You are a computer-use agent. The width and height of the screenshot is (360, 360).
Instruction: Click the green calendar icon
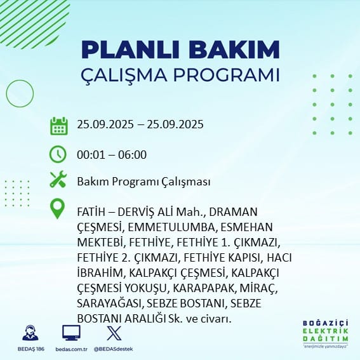coord(59,126)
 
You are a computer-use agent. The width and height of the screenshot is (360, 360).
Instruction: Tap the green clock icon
coord(58,154)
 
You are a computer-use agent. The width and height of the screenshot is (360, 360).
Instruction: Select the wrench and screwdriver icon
coord(58,179)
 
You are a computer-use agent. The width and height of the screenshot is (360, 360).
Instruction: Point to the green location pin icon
coord(57,208)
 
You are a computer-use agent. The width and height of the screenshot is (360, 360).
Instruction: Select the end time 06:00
coord(132,155)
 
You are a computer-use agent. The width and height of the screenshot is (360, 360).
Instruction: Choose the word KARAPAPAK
coord(204,288)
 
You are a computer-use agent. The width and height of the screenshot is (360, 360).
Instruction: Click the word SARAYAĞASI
coord(110,303)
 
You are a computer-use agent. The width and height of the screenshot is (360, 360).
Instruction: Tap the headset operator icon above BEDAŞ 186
coord(30,333)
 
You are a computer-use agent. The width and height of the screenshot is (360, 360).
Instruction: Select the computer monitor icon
coord(71,333)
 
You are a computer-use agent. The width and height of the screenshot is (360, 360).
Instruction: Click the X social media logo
coord(114,333)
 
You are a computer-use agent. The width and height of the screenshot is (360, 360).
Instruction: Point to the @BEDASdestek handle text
coord(113,349)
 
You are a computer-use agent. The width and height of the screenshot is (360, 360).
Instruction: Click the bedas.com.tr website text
coord(71,349)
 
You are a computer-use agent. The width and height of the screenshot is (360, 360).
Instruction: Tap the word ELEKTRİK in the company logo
coord(325,331)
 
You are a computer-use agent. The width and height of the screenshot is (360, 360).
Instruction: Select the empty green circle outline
coord(20,93)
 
